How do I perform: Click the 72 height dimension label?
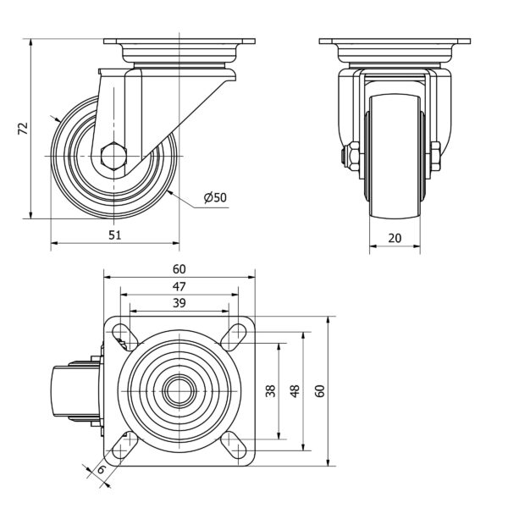(x=24, y=128)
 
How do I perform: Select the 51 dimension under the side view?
(x=115, y=236)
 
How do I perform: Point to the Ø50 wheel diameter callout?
(x=215, y=198)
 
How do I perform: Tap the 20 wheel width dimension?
(x=395, y=238)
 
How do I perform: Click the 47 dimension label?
(x=179, y=286)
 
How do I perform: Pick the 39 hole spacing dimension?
(x=179, y=303)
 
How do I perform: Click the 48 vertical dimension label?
(x=295, y=391)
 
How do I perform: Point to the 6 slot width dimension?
(x=101, y=469)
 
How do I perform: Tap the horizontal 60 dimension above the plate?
(x=179, y=269)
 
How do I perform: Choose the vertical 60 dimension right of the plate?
(x=319, y=391)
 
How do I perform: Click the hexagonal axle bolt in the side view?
(x=112, y=157)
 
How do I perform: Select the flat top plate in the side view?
(x=179, y=41)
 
